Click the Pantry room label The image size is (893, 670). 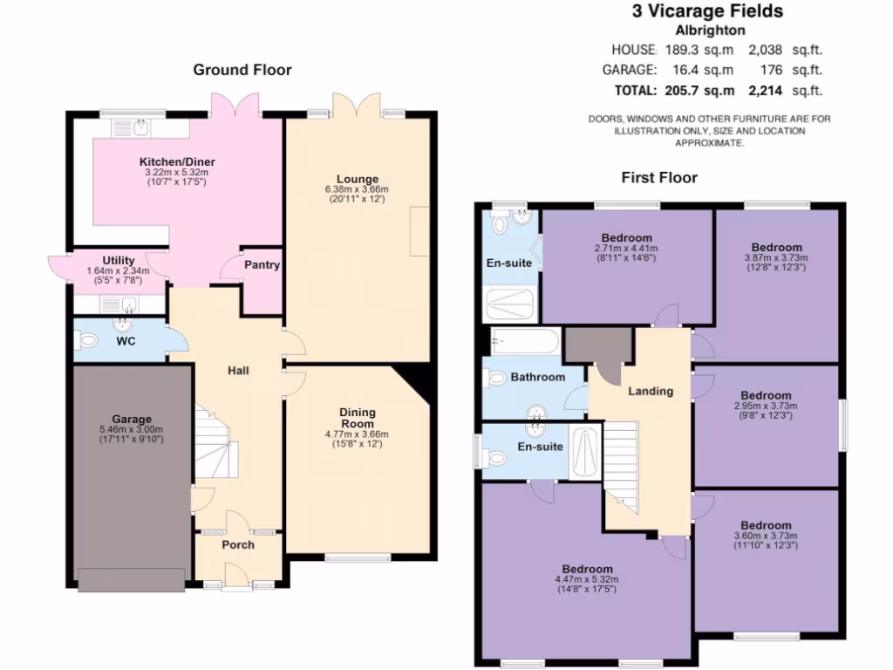click(262, 264)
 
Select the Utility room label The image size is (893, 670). click(118, 260)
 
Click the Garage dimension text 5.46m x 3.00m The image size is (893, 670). click(132, 429)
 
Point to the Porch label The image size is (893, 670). click(238, 544)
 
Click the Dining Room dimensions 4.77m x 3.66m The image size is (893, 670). click(358, 434)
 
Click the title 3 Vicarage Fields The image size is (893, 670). click(707, 11)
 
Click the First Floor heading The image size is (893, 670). click(659, 178)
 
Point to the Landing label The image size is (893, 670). click(651, 391)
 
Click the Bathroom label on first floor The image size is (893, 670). click(538, 377)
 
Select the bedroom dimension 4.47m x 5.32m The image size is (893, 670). click(586, 578)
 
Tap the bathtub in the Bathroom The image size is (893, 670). click(524, 340)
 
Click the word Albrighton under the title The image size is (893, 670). click(707, 29)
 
